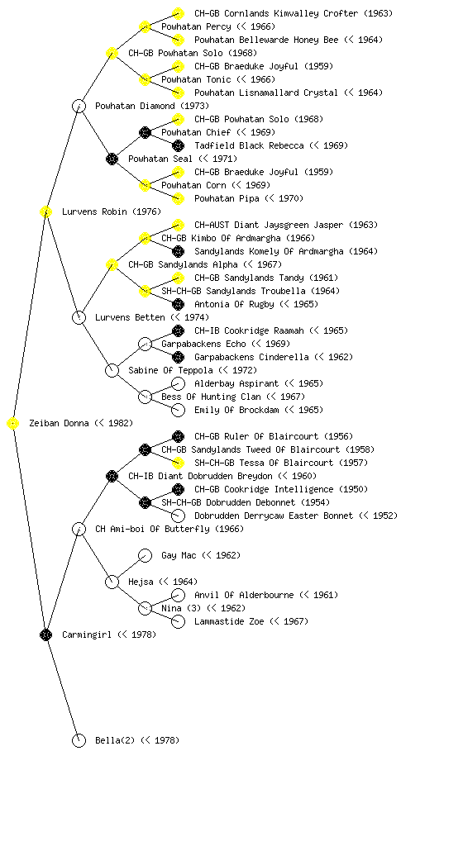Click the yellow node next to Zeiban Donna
[13, 424]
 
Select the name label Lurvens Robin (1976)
[111, 211]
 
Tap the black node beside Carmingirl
[45, 635]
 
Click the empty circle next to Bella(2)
[79, 740]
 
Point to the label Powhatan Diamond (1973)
[151, 106]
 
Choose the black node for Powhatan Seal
[112, 159]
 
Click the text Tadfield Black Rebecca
[249, 145]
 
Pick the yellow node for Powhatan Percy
[145, 26]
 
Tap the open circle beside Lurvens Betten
[79, 317]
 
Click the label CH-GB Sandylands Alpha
[183, 264]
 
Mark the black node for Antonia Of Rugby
[178, 304]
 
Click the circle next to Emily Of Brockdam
[178, 410]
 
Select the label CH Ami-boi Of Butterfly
[152, 529]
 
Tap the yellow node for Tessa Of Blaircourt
[178, 463]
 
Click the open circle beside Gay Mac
[145, 555]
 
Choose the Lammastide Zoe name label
[229, 621]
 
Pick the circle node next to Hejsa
[112, 582]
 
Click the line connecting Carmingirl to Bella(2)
[63, 688]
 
